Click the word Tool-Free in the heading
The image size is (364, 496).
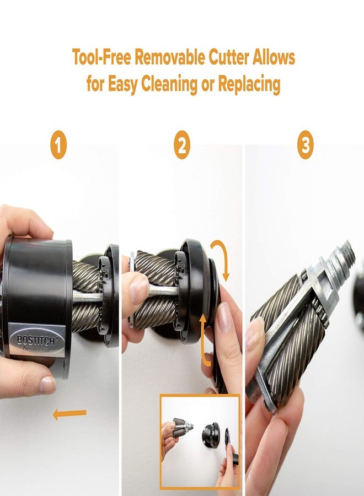(102, 57)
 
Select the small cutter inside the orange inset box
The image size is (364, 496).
(179, 428)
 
